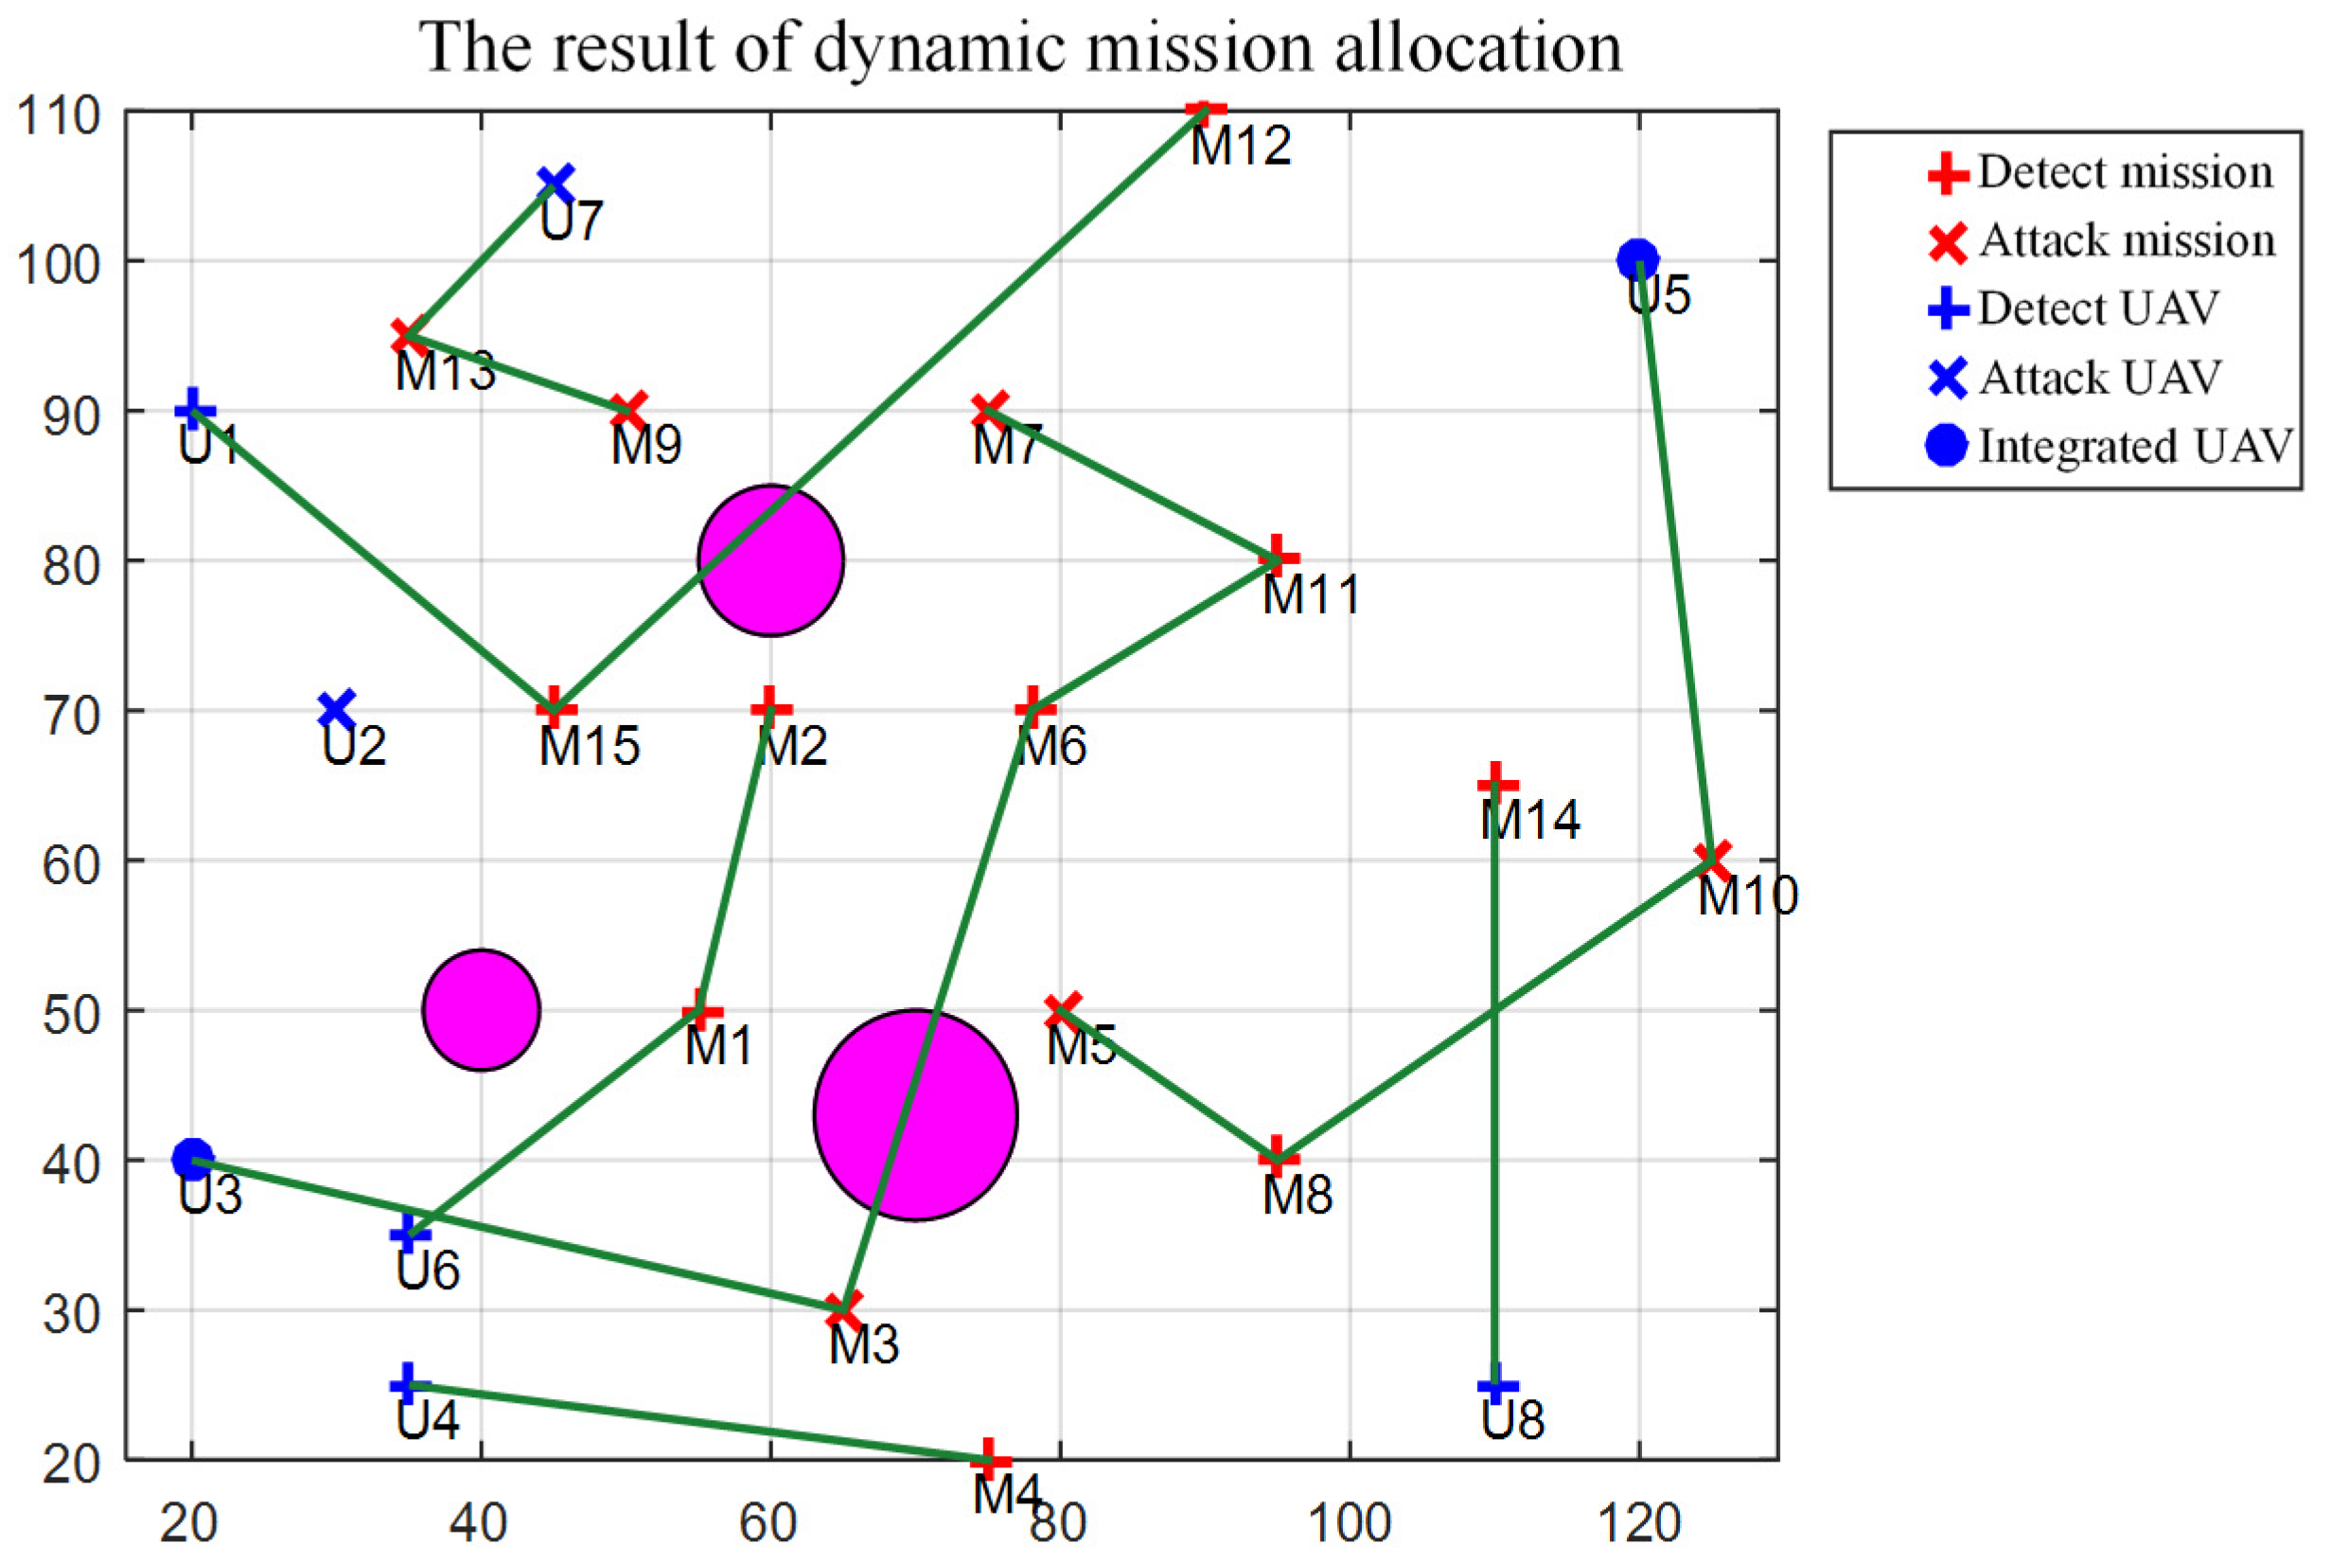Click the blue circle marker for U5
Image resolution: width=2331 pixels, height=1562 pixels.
click(x=1638, y=261)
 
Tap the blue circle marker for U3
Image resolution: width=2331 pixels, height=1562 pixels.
click(x=192, y=1159)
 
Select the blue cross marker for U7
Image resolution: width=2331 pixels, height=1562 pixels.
click(x=556, y=184)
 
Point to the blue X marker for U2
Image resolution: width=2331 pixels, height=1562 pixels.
click(x=338, y=710)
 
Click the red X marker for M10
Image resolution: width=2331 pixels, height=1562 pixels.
click(x=1713, y=859)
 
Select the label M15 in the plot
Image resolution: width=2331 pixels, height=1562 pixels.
click(x=589, y=747)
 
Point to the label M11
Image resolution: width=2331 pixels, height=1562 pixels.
click(x=1311, y=595)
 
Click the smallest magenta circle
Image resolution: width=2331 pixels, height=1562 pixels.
click(x=481, y=1010)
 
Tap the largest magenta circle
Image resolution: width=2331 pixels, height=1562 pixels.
click(x=915, y=1115)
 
